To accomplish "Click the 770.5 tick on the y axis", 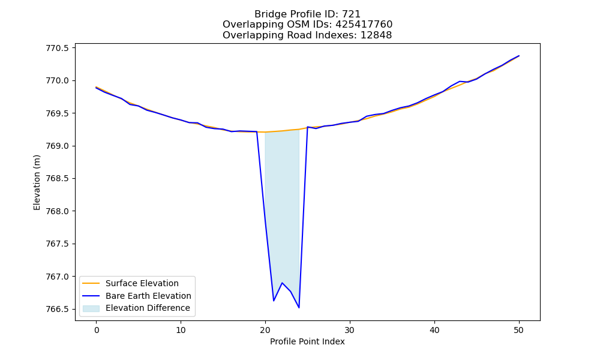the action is pos(58,48).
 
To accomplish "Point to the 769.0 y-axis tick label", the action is pos(58,146).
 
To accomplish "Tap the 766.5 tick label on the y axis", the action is pos(58,309).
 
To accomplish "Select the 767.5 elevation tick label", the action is pos(58,244).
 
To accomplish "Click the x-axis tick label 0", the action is pos(97,330).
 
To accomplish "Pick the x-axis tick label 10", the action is pos(181,330).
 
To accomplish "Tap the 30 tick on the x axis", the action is pos(350,330).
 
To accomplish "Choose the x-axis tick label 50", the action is pos(518,330).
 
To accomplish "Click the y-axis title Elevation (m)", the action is pos(37,182).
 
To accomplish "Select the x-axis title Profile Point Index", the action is pos(307,341).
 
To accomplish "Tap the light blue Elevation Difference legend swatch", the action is pos(91,308).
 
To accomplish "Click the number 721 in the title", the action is pos(352,14).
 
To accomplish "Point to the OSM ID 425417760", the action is pos(364,25).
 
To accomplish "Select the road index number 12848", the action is pos(376,35).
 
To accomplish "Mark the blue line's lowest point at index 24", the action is pos(299,308).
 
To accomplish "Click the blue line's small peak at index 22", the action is pos(282,283).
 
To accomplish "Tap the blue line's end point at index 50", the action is pos(519,56).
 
